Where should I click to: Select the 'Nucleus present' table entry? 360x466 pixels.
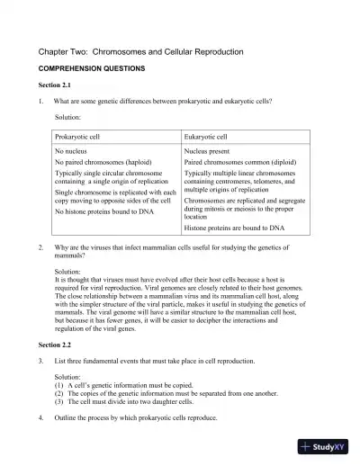[210, 152]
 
